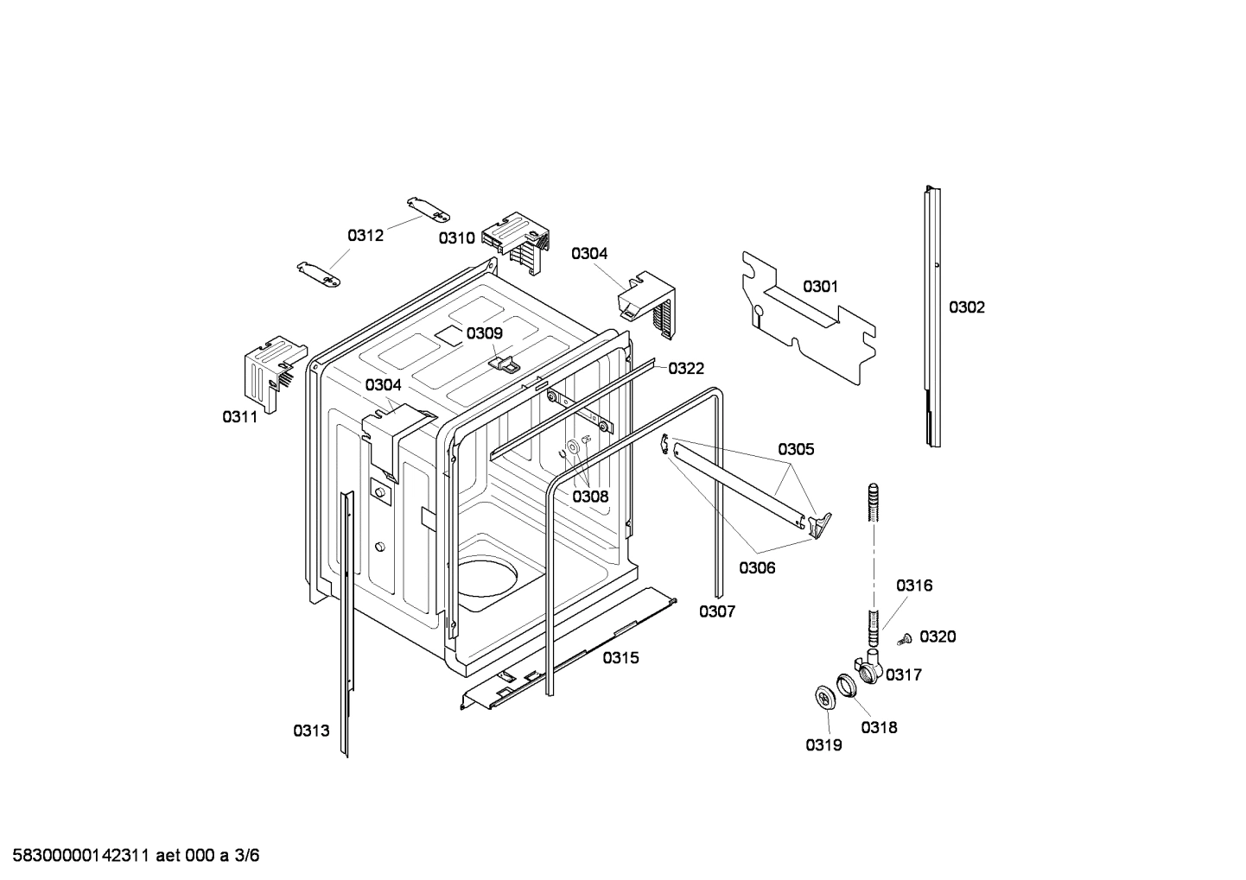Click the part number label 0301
coord(820,286)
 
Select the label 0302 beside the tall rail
coord(966,307)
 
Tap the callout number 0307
coord(716,611)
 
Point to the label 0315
coord(620,658)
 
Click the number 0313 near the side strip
coord(311,731)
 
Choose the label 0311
coord(240,417)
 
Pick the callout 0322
coord(686,369)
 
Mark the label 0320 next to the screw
coord(938,636)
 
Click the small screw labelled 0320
coord(906,638)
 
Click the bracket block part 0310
coord(517,242)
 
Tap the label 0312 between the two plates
coord(366,235)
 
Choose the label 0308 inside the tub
coord(590,497)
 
